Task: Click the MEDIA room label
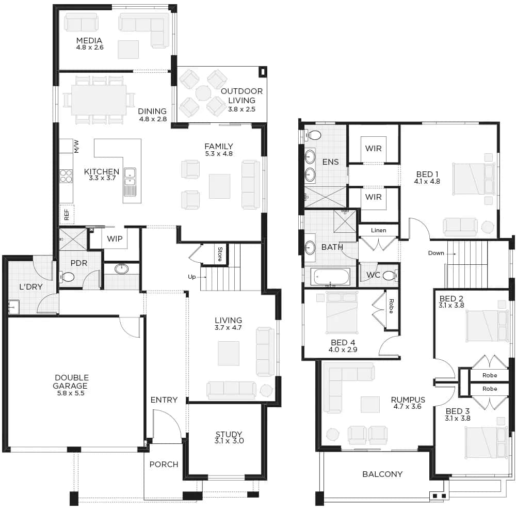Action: tap(89, 40)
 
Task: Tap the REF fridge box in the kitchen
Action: tap(67, 214)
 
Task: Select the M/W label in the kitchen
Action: tap(77, 147)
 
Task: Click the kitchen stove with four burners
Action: tap(66, 176)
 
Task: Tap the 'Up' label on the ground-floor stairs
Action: tap(191, 277)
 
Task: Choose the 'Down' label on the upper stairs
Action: tap(436, 253)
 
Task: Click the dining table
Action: tap(99, 100)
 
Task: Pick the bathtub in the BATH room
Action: tap(330, 277)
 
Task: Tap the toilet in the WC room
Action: tap(391, 275)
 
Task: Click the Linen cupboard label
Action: tap(378, 230)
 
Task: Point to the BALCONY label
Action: tap(382, 474)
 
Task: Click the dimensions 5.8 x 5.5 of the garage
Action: tap(70, 393)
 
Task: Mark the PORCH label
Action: tap(164, 464)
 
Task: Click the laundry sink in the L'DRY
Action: tap(14, 307)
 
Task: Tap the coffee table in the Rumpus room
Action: tap(370, 404)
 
